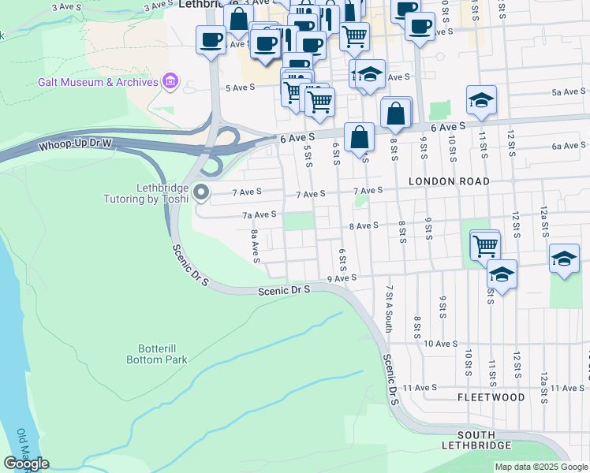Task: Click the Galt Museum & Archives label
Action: click(x=99, y=82)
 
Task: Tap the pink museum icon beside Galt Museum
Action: click(x=169, y=81)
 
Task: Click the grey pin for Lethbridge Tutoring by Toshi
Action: click(x=201, y=192)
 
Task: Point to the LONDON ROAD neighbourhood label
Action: click(x=450, y=181)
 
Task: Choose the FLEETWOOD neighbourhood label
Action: click(x=491, y=397)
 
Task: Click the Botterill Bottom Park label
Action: click(x=157, y=353)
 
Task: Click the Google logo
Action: click(x=26, y=464)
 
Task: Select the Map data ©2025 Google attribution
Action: click(x=540, y=467)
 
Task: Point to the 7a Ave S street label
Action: click(x=259, y=214)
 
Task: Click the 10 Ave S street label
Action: click(x=441, y=344)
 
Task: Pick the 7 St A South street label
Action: click(x=388, y=308)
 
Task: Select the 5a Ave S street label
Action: click(x=566, y=92)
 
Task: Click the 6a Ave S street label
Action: click(x=568, y=146)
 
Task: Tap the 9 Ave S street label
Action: click(x=342, y=278)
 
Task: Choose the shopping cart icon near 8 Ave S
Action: click(x=485, y=245)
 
